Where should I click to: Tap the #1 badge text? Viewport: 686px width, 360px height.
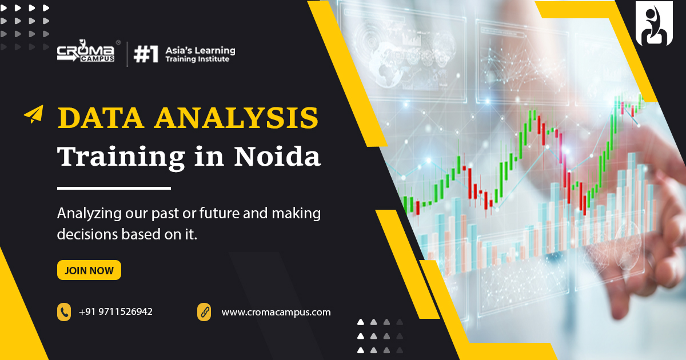146,54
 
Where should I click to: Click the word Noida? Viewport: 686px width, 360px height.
277,156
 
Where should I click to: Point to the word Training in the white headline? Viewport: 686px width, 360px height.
121,158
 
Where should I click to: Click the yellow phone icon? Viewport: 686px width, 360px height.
64,312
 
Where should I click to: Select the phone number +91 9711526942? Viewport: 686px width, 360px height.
115,311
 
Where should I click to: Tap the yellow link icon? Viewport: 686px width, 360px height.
204,312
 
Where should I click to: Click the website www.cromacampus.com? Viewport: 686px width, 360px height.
276,313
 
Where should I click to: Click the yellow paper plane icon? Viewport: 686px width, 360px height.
34,114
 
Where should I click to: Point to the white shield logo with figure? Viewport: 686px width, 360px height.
654,23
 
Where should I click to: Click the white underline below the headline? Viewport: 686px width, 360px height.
114,188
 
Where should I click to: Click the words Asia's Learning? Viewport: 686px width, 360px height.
200,50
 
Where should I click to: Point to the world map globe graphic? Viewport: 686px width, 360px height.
386,66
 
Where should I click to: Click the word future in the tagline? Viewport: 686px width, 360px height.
219,213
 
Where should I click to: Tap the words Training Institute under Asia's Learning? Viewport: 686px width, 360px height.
197,59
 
